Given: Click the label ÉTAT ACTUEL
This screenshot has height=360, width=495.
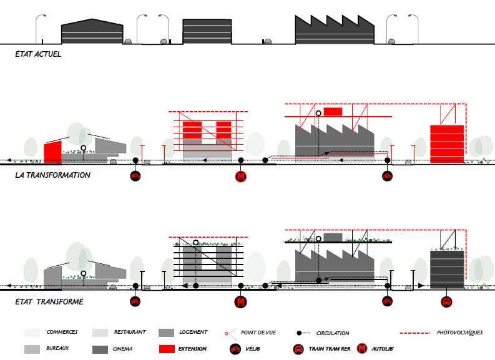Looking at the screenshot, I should point(37,54).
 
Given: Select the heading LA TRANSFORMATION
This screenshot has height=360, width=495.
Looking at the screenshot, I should point(53,175).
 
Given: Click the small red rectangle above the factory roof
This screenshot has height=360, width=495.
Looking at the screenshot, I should point(333,111).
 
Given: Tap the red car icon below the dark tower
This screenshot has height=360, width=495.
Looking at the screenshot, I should point(447,303).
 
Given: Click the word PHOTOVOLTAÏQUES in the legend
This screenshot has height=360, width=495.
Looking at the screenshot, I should point(461,333).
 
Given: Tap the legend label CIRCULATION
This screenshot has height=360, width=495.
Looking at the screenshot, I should point(333,333).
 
